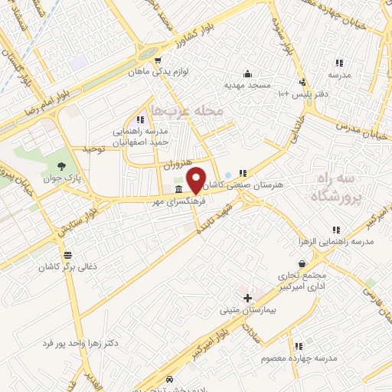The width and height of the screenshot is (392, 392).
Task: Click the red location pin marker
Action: [197, 178]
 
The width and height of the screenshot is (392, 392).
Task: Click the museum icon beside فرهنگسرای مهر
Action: [178, 189]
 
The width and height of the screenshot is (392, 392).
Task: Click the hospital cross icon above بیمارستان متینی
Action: [247, 298]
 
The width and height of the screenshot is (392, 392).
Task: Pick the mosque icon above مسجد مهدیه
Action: [247, 74]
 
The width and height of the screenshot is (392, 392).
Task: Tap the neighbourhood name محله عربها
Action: [187, 111]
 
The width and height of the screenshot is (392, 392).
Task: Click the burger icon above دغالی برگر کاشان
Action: [68, 255]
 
